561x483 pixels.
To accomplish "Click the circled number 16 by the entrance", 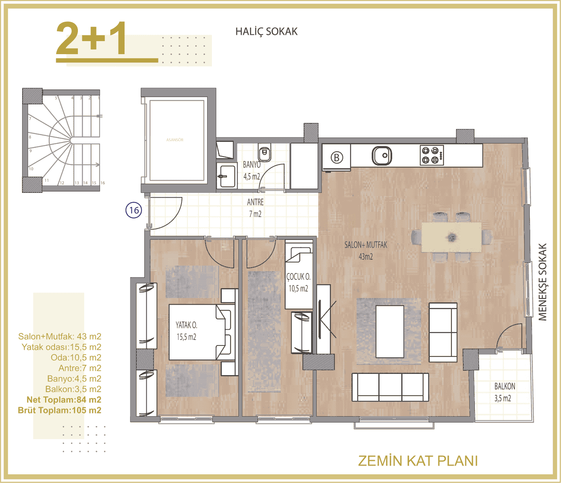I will click(x=134, y=210).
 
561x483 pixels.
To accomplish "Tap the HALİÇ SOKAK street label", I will click(x=266, y=32).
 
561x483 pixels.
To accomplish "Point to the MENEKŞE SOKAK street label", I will click(x=542, y=281).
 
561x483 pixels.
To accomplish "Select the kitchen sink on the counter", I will click(x=382, y=155).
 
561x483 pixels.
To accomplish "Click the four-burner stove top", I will click(x=431, y=155).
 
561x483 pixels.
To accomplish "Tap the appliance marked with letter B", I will click(x=336, y=158).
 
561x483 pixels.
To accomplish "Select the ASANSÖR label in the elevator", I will click(x=175, y=140).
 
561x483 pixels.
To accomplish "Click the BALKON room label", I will click(x=504, y=386).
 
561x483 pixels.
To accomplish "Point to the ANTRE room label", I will click(x=255, y=202).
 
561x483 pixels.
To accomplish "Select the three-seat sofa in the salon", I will click(x=390, y=387).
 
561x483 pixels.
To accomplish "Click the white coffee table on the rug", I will click(x=390, y=331).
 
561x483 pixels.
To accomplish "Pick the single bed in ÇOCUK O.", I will click(x=299, y=275).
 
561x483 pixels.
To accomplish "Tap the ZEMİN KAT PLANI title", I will click(x=417, y=461).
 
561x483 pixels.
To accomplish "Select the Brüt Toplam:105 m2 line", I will click(x=59, y=410).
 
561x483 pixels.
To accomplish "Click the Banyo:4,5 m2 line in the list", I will click(x=74, y=379).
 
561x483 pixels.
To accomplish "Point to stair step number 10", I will click(x=31, y=169).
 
